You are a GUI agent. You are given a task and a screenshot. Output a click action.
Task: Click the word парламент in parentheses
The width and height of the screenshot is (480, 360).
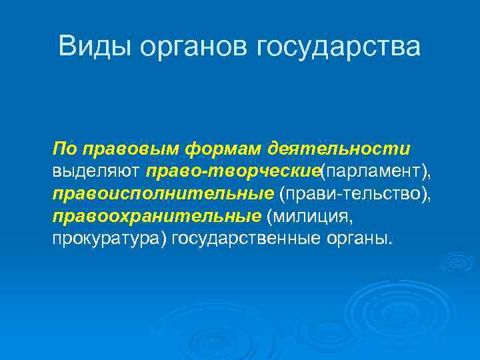373,172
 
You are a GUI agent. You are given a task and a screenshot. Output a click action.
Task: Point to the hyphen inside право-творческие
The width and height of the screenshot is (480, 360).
207,173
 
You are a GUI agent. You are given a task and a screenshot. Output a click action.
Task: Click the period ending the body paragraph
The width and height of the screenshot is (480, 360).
389,243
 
